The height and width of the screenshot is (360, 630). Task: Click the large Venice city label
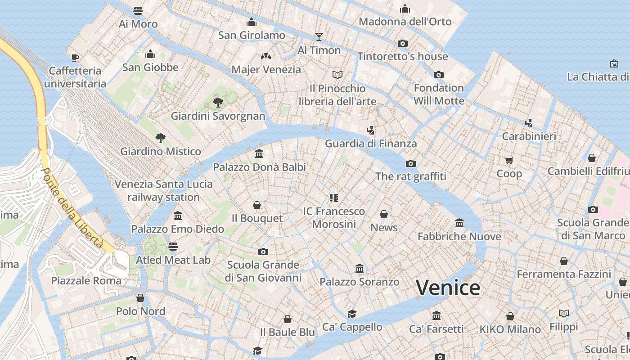[x=448, y=288]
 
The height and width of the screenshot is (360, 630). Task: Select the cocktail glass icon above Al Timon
[x=319, y=36]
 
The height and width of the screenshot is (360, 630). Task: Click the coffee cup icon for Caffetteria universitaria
[x=75, y=57]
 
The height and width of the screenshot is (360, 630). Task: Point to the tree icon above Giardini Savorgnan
[x=218, y=102]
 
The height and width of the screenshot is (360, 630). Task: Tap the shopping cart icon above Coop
[x=509, y=160]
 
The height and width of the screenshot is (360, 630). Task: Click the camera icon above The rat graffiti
[x=410, y=163]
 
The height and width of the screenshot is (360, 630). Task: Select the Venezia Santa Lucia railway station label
[x=164, y=190]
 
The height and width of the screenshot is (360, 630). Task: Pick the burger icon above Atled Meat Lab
[x=173, y=246]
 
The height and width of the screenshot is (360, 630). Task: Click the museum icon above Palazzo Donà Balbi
[x=259, y=154]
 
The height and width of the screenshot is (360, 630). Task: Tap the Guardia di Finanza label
[x=371, y=144]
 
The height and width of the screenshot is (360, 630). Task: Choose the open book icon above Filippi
[x=564, y=313]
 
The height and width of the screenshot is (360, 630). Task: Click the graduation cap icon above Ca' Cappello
[x=352, y=314]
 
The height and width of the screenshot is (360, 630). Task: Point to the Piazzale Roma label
[x=86, y=281]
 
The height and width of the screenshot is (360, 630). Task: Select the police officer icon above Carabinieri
[x=529, y=122]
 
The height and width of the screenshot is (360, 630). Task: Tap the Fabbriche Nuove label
[x=459, y=236]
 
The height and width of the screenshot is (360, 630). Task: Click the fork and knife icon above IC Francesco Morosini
[x=333, y=198]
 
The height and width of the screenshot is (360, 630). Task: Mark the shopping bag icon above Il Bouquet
[x=257, y=205]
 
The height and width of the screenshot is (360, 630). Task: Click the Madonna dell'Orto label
[x=405, y=22]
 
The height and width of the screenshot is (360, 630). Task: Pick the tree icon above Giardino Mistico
[x=160, y=138]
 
